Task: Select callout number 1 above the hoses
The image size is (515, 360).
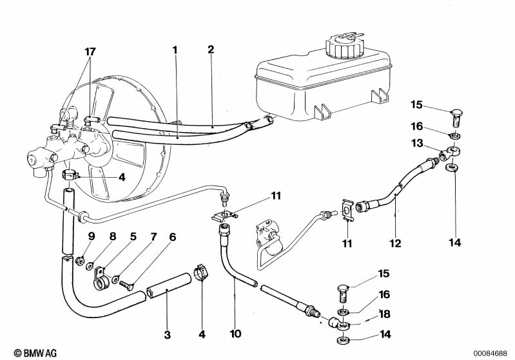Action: point(174,48)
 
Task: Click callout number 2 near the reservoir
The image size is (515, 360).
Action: point(211,48)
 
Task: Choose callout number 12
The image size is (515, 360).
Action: point(394,243)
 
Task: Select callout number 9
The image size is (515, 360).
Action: point(92,236)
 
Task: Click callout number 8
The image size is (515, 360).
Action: point(112,236)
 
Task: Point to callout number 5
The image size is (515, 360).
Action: point(133,236)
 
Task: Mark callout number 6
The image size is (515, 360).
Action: point(172,236)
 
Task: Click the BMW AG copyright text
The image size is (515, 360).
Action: point(24,352)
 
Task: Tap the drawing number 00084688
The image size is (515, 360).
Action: point(492,352)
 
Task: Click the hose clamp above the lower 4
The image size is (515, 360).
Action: point(200,274)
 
